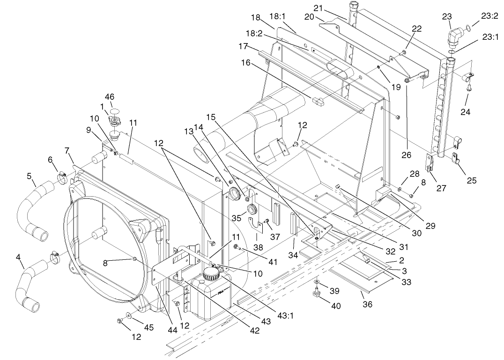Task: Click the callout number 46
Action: pos(110,97)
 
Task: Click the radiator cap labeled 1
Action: pos(114,121)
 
